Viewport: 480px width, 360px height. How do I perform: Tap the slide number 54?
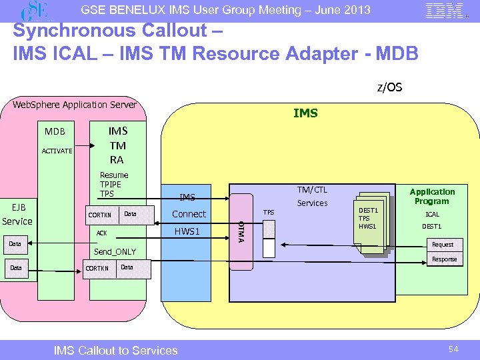pyautogui.click(x=453, y=349)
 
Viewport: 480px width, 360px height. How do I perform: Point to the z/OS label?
pyautogui.click(x=389, y=87)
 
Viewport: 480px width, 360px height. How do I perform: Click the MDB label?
pyautogui.click(x=55, y=131)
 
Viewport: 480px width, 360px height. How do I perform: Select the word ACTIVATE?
pyautogui.click(x=57, y=151)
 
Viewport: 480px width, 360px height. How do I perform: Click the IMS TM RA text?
pyautogui.click(x=117, y=145)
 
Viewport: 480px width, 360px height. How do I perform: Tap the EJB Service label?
pyautogui.click(x=17, y=214)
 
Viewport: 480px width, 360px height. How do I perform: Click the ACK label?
pyautogui.click(x=101, y=233)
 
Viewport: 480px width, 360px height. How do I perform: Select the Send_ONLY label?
pyautogui.click(x=115, y=251)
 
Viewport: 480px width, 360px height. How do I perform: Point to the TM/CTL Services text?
pyautogui.click(x=312, y=196)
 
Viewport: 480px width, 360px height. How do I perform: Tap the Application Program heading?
pyautogui.click(x=432, y=196)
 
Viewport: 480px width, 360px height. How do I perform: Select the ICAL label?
pyautogui.click(x=432, y=215)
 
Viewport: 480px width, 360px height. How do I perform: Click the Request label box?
pyautogui.click(x=443, y=245)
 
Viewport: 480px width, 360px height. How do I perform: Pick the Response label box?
pyautogui.click(x=444, y=259)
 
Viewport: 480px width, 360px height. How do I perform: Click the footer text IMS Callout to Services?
pyautogui.click(x=115, y=350)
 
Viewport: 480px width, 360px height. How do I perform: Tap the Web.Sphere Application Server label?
pyautogui.click(x=75, y=105)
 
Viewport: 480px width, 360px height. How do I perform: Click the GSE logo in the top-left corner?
pyautogui.click(x=36, y=11)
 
